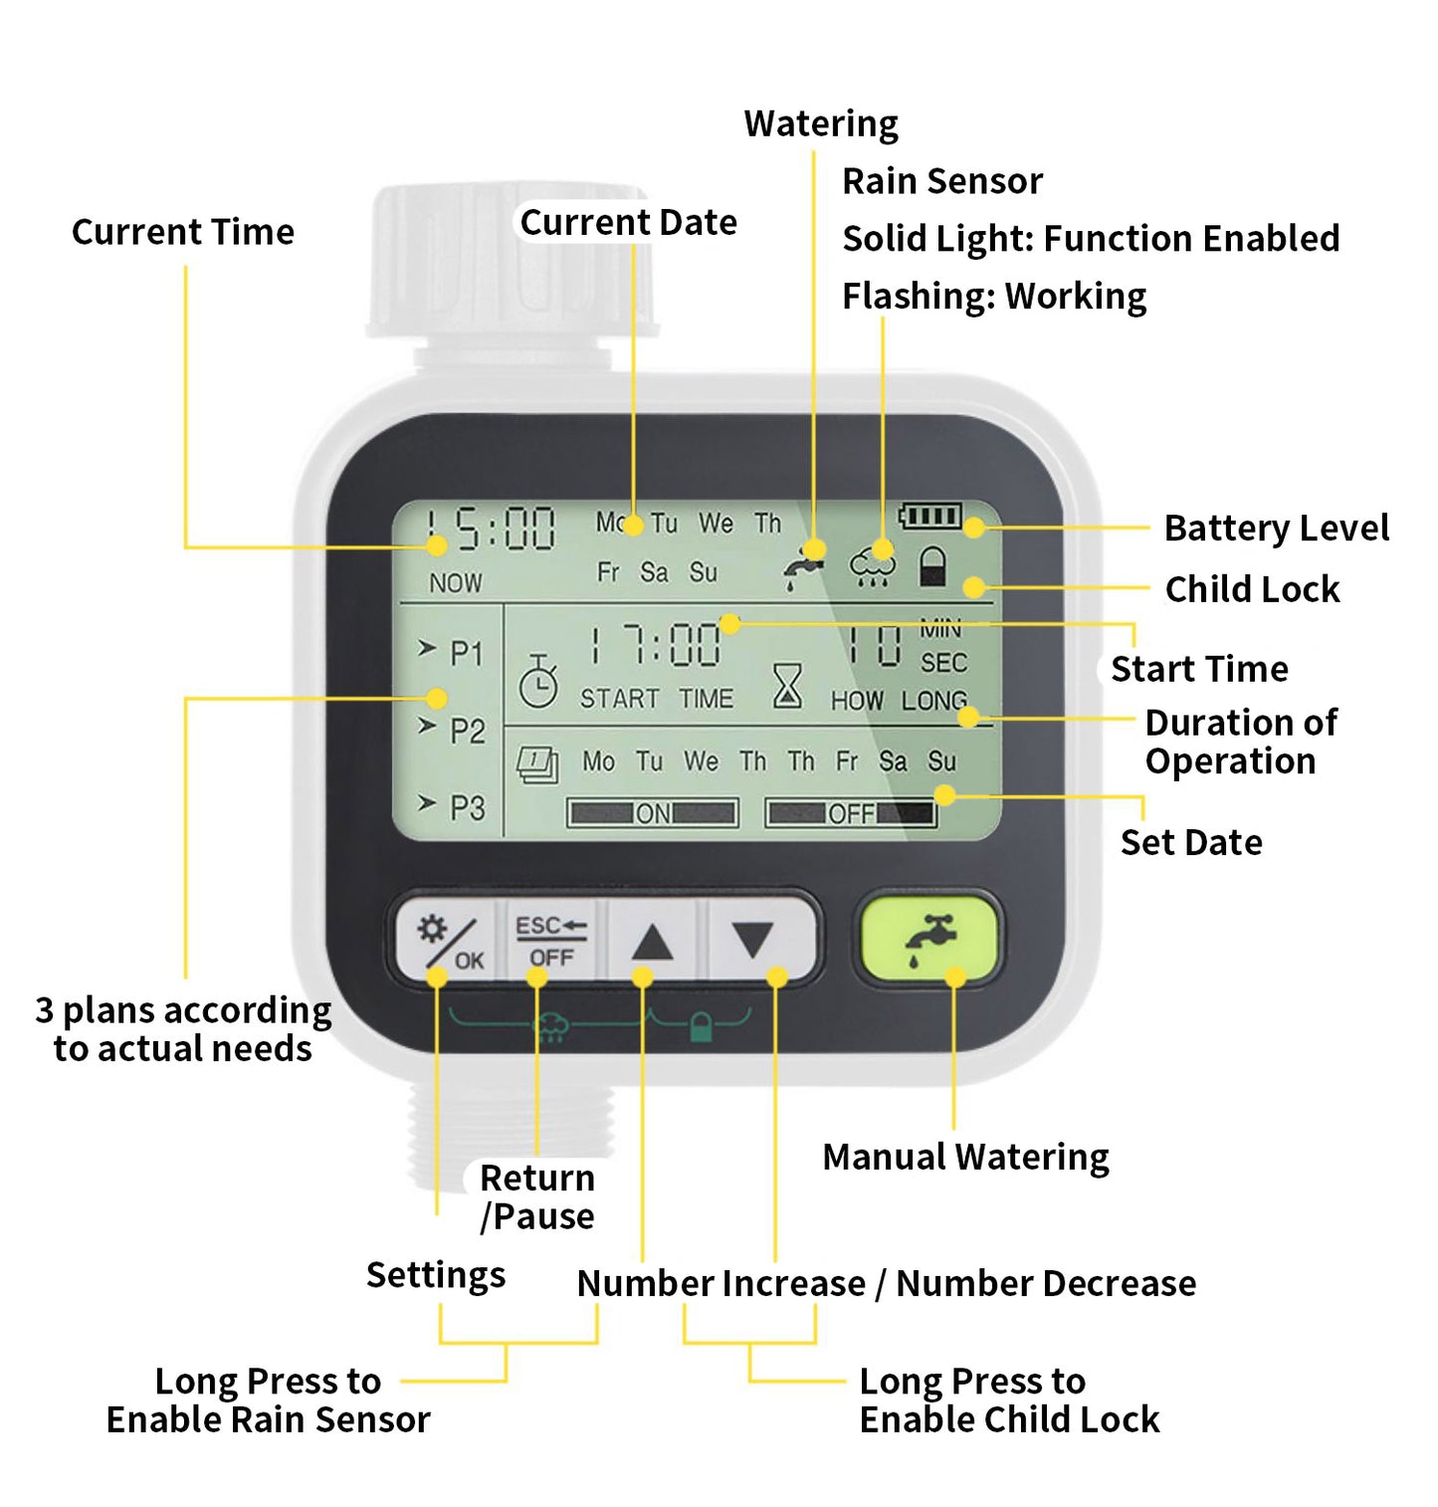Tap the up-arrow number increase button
652,941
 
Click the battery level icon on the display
930,515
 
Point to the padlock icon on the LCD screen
931,566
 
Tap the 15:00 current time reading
490,529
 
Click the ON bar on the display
652,813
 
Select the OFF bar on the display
851,813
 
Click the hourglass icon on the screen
787,686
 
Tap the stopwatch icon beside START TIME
538,682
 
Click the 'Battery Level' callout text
1276,528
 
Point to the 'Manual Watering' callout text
965,1157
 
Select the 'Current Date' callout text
628,222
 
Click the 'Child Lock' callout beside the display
1252,589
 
